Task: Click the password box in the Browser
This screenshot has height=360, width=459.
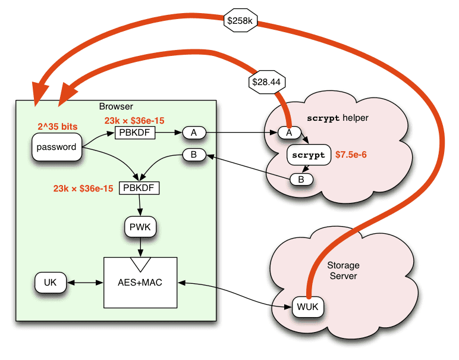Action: pyautogui.click(x=57, y=147)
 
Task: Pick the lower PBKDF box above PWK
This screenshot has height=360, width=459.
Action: pyautogui.click(x=140, y=189)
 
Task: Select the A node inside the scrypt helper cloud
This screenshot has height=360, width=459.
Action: pyautogui.click(x=290, y=133)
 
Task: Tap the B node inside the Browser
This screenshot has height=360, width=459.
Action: pyautogui.click(x=194, y=155)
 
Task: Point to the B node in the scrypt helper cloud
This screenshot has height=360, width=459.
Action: pyautogui.click(x=301, y=179)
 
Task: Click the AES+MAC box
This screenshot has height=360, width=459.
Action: pyautogui.click(x=140, y=283)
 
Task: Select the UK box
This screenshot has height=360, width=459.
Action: pyautogui.click(x=50, y=283)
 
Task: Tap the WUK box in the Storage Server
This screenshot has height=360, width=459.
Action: pyautogui.click(x=307, y=307)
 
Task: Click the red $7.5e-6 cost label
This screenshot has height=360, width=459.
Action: pyautogui.click(x=351, y=155)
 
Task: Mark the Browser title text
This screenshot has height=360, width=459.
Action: pyautogui.click(x=116, y=107)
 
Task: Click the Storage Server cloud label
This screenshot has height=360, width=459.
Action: pyautogui.click(x=343, y=271)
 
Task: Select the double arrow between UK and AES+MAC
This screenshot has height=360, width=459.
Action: pyautogui.click(x=84, y=283)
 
